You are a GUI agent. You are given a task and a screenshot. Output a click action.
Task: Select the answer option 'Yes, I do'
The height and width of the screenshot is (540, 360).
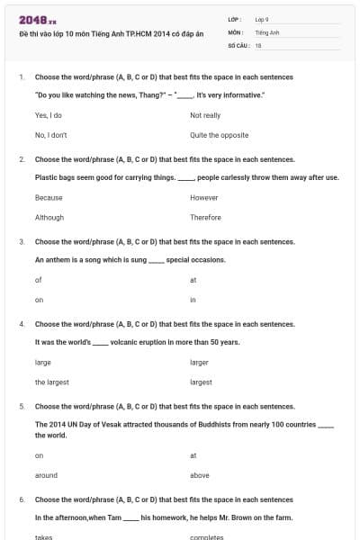[48, 116]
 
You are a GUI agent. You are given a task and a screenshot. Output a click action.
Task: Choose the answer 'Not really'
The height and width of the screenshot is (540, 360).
[205, 116]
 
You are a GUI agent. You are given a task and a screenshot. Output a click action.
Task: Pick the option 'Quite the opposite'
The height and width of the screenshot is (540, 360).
[217, 135]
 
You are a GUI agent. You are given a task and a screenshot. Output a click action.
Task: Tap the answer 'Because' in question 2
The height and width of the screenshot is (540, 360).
[49, 197]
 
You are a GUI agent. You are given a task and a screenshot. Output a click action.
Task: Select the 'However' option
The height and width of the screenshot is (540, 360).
[204, 197]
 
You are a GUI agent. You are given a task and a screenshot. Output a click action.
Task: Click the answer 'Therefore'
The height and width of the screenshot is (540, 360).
[205, 218]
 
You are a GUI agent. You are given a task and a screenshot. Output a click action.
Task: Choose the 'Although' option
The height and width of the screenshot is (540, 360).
[49, 218]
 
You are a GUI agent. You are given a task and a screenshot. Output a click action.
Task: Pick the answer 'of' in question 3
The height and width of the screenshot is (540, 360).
[38, 280]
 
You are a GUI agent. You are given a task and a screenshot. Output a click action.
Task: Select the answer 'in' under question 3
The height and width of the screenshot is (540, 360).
[193, 300]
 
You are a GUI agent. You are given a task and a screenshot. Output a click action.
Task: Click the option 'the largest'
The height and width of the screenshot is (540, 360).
[51, 382]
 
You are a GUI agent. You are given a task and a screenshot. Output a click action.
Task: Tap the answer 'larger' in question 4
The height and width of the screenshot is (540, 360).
[199, 363]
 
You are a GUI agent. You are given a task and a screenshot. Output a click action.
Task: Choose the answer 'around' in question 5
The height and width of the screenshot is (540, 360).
[46, 475]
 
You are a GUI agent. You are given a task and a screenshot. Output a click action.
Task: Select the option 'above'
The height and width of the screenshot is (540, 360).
[200, 475]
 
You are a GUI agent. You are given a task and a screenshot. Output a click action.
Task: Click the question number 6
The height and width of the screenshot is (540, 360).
[21, 499]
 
